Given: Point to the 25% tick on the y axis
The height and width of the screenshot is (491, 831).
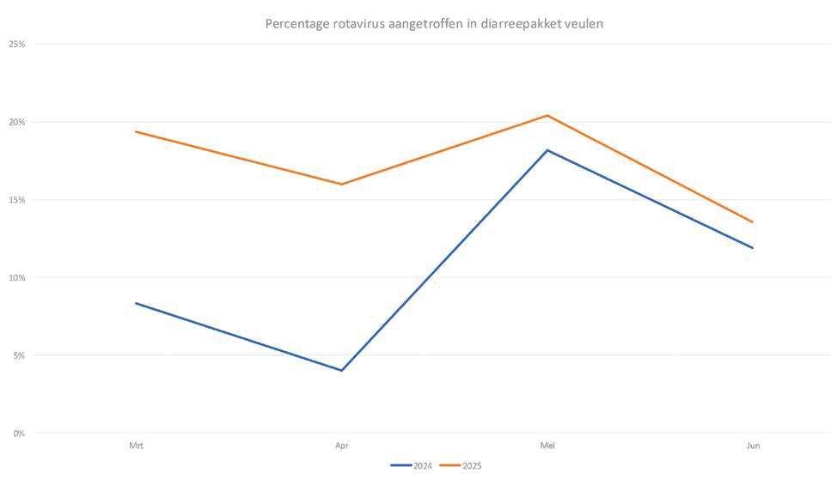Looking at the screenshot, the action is (17, 45).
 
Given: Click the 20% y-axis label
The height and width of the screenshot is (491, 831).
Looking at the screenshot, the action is (17, 122).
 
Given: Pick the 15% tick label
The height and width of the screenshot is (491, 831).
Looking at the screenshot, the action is (17, 200).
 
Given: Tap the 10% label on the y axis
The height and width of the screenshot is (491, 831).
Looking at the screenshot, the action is (17, 278).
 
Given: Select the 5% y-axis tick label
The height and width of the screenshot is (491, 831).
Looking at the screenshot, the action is (19, 355).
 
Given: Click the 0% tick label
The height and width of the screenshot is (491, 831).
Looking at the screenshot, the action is (19, 433).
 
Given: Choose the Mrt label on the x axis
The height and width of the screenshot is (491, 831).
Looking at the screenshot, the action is (136, 446).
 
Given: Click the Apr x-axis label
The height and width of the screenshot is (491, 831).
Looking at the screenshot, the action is (342, 446).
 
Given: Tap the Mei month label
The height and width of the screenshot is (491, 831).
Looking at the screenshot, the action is (547, 446).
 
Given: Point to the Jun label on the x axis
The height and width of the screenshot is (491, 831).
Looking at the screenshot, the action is (753, 446).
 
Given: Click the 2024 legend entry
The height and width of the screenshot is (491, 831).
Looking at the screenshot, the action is (412, 466).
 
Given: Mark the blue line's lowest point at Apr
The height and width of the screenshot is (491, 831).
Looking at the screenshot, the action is (342, 370).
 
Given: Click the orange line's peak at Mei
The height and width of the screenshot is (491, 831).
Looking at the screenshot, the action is (547, 115).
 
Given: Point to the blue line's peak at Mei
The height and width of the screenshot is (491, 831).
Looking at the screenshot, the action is (547, 150).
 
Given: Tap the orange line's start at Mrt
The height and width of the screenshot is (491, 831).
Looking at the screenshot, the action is (136, 131).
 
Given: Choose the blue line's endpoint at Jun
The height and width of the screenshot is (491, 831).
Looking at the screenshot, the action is (753, 247).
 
